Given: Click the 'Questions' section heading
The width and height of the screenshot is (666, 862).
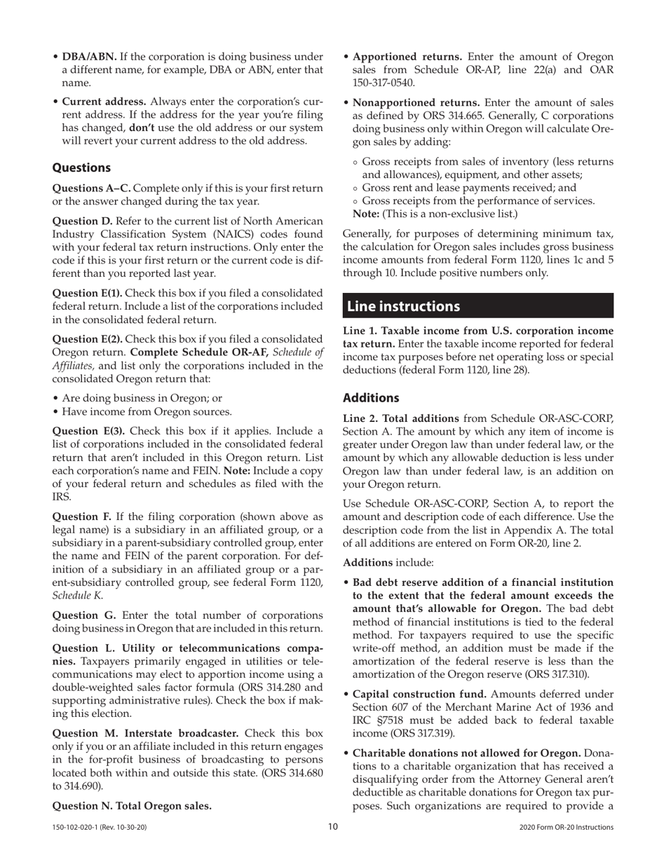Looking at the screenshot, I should pos(81,168).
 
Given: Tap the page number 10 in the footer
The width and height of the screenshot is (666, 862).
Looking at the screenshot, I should pos(333,827).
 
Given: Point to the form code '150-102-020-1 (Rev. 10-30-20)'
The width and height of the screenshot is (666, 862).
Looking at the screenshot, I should pos(100,828).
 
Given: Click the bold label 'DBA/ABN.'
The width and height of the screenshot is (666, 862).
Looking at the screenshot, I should pos(90,57).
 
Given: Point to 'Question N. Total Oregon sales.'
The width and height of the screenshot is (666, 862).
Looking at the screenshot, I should pos(132,805).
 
